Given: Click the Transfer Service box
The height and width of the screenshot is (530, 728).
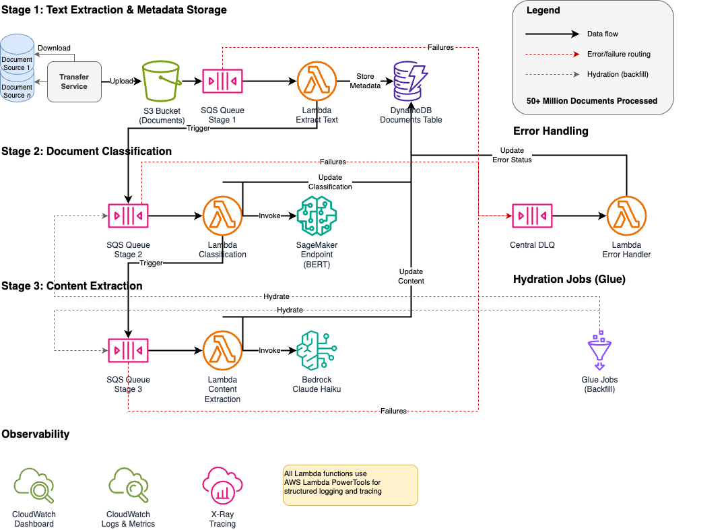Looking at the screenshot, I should pos(74,81).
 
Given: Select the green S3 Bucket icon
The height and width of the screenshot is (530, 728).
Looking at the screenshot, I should pos(161,81).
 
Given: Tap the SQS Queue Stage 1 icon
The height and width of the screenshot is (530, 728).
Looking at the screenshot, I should pos(222,81).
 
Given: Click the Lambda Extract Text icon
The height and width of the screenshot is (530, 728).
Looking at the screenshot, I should pos(317,81).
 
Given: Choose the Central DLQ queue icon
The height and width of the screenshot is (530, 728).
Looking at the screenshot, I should pos(532,216).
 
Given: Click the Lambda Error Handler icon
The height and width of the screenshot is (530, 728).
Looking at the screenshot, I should pos(626,216).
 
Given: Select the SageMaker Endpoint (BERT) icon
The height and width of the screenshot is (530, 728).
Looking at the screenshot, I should pos(317,216).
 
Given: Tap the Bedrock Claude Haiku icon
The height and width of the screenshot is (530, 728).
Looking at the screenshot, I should pos(317,350).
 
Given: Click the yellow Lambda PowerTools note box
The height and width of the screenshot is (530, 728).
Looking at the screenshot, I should pos(350,484).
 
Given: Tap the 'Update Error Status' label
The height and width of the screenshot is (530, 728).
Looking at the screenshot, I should pos(512,155).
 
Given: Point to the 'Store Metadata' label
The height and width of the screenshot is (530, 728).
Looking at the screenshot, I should pos(365,81).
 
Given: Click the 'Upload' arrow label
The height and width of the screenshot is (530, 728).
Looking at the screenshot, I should pos(121,81).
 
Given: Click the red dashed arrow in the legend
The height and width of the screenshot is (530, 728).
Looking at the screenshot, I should pos(552,54).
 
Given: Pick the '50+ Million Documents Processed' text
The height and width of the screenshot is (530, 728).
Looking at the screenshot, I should pos(592,101).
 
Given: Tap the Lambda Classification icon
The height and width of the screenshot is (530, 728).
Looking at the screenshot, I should pos(222,216).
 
